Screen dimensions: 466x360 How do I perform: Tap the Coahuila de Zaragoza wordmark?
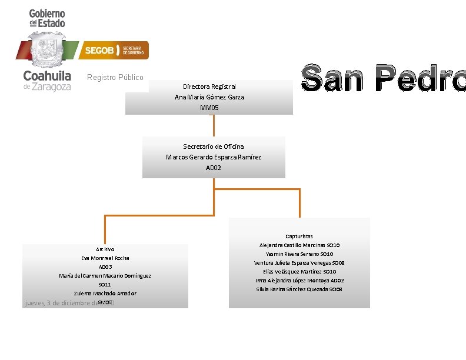[47, 81]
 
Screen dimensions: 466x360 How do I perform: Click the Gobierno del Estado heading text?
[47, 18]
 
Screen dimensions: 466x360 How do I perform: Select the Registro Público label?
[115, 78]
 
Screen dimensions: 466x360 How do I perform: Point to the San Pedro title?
[383, 78]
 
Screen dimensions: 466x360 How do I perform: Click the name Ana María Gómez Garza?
[209, 97]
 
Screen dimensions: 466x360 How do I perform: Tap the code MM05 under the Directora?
[209, 108]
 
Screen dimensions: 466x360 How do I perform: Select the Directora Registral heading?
[209, 86]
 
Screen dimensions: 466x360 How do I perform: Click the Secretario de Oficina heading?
[214, 146]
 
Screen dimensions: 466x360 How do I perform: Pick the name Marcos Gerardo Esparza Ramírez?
[214, 157]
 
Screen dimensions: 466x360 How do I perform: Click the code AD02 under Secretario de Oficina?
[214, 168]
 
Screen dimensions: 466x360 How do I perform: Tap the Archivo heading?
[105, 249]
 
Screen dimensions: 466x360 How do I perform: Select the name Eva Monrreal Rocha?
[105, 258]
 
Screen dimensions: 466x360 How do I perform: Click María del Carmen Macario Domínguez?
[105, 276]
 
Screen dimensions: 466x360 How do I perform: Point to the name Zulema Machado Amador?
[105, 294]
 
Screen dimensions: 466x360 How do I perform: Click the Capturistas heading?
[299, 236]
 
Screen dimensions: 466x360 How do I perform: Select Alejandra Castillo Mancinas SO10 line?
[299, 245]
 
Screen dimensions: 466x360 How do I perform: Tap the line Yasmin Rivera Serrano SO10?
[299, 254]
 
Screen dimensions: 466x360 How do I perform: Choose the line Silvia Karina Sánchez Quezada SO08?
[299, 289]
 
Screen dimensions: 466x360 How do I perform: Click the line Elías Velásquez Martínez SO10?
[299, 272]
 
